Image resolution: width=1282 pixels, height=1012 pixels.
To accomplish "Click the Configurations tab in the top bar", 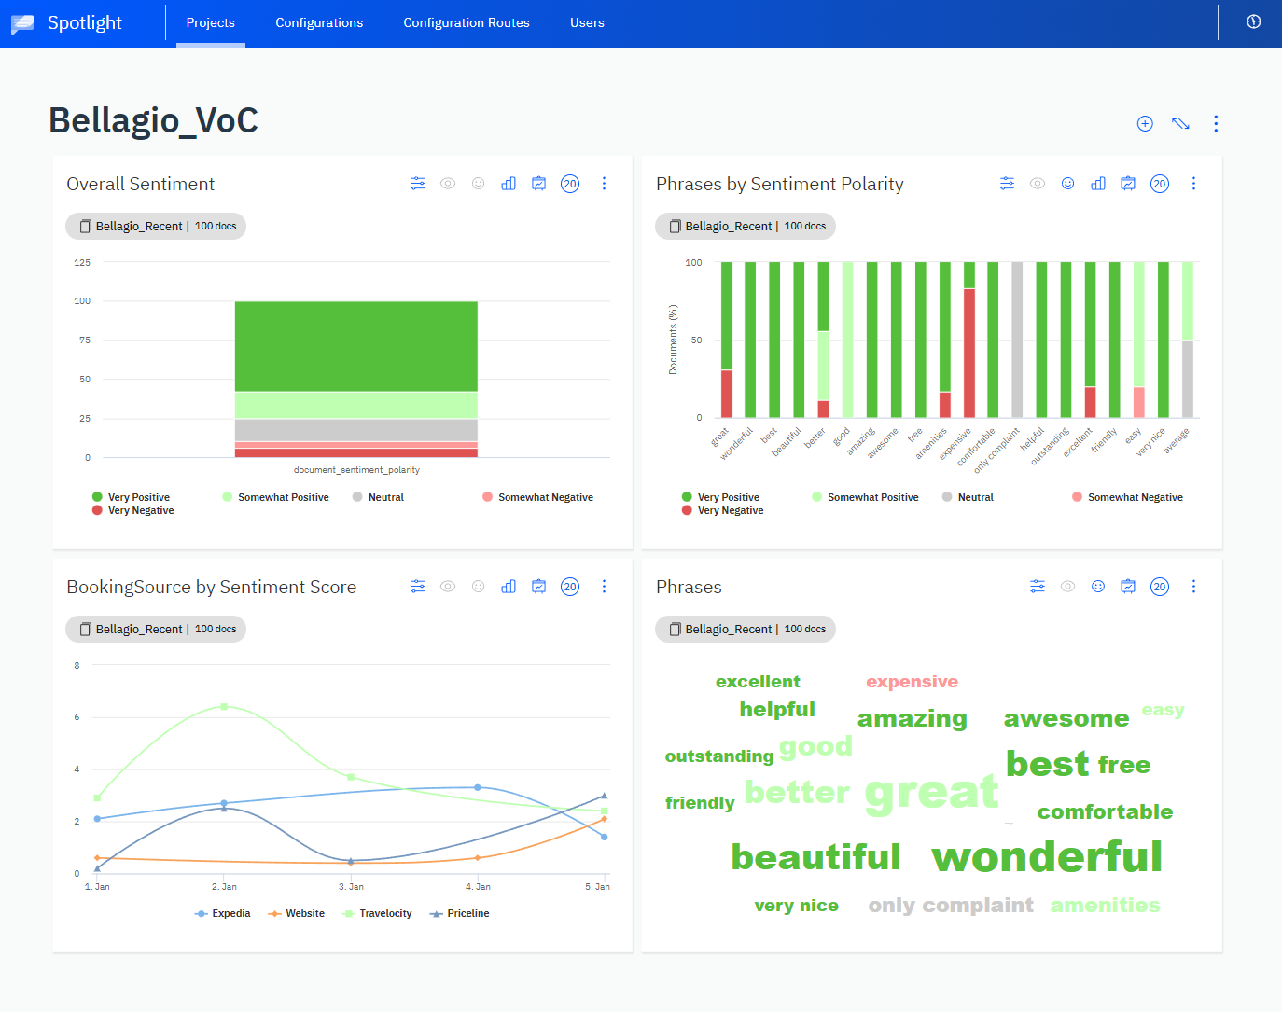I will tap(319, 22).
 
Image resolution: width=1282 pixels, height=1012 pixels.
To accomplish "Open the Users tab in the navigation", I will tap(587, 22).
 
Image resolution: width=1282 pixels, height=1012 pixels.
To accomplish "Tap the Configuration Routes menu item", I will tap(467, 22).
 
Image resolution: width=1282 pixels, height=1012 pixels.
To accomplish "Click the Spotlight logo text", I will tap(84, 22).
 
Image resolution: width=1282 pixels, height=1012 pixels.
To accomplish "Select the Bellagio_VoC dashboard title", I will tap(153, 120).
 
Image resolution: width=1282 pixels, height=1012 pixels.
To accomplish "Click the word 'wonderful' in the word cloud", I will tap(1047, 856).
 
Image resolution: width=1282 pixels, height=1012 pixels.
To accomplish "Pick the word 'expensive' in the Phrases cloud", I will tap(912, 682).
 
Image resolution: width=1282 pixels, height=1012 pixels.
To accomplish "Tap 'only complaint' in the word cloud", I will tap(951, 905).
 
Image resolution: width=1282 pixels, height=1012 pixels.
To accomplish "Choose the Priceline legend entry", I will tap(467, 913).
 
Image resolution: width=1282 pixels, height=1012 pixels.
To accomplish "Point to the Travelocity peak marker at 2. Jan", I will tap(224, 706).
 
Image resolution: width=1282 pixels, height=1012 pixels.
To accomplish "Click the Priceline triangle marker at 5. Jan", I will tap(604, 796).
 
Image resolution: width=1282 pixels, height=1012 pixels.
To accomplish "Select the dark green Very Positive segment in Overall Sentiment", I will tap(355, 345).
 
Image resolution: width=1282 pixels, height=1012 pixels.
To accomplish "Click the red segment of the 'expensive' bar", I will tap(969, 353).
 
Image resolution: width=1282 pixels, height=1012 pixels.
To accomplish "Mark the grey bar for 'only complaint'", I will tap(1017, 340).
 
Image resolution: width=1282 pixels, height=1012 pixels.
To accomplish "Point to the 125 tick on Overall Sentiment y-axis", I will tap(82, 262).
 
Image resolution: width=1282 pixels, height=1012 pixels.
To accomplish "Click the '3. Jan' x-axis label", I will tap(351, 886).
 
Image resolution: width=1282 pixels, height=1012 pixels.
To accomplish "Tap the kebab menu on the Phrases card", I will tap(1193, 587).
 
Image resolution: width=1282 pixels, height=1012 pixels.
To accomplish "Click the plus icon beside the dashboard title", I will tap(1145, 124).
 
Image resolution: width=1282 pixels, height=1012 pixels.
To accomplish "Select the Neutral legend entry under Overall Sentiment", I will tap(385, 497).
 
